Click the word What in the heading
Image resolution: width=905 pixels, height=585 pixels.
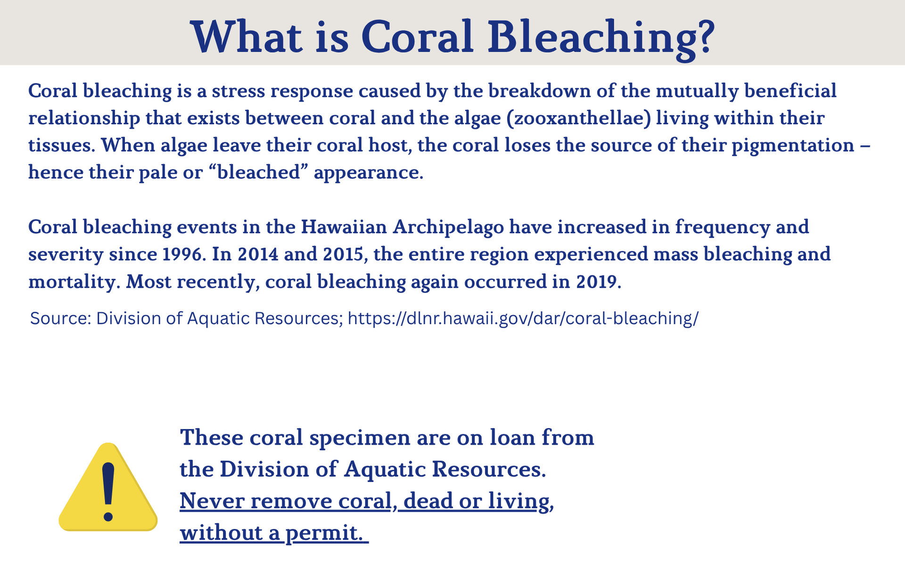(x=247, y=37)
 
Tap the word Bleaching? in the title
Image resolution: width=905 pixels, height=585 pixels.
(x=601, y=40)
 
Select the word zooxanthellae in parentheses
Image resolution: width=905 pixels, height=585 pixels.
(x=579, y=118)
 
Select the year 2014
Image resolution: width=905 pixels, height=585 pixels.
(x=258, y=254)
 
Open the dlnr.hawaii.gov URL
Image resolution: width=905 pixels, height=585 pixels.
(x=523, y=319)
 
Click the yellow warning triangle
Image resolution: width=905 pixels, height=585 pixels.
(x=108, y=487)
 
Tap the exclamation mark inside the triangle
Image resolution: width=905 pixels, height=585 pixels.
(x=108, y=492)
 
